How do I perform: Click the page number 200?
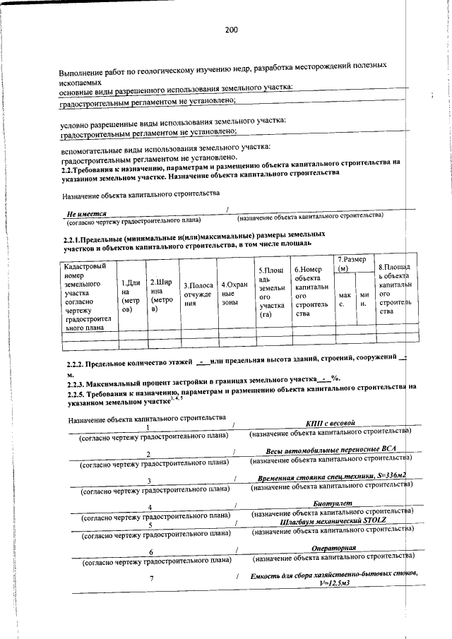tap(231, 30)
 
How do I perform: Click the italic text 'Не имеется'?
tap(87, 212)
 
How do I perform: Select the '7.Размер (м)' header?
tap(352, 264)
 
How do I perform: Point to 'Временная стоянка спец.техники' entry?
tap(331, 479)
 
